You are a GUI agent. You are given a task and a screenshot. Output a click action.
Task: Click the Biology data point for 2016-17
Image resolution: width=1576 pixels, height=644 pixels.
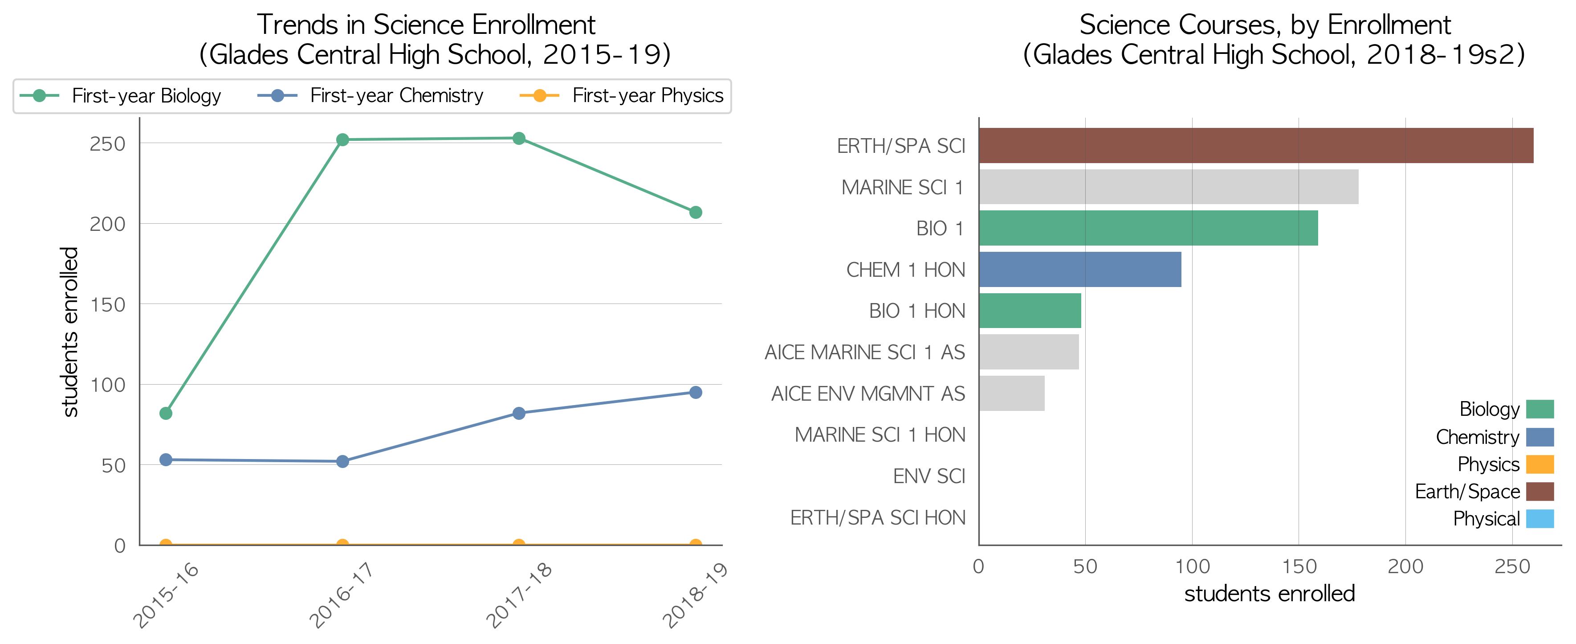[342, 139]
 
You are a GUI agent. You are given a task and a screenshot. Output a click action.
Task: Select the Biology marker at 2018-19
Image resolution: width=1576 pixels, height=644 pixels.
[696, 213]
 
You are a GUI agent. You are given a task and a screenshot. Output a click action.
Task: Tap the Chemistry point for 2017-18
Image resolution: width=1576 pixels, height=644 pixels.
[519, 413]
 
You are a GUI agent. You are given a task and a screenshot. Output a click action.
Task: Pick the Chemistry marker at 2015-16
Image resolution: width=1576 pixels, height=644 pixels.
[166, 460]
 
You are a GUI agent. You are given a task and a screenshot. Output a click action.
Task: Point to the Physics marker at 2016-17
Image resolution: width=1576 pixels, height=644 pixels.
[342, 544]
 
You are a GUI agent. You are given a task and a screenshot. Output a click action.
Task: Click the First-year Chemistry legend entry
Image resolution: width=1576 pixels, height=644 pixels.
[370, 95]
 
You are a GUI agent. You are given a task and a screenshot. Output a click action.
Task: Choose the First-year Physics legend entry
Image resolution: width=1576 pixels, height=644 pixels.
[621, 95]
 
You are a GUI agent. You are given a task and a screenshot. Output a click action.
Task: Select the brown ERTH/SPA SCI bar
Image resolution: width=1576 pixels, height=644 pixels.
[1256, 146]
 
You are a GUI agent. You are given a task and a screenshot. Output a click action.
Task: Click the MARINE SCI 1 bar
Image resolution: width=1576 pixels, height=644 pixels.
[1169, 187]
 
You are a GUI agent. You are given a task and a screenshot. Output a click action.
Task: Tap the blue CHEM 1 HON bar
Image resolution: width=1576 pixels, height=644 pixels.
[1080, 269]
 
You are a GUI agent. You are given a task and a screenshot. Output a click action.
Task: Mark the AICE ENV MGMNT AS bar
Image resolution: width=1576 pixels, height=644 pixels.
[1012, 393]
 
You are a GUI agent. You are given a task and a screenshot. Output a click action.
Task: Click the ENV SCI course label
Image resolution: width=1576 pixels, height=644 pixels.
[928, 476]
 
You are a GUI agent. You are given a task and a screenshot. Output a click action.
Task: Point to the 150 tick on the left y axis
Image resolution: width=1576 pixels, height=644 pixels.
[108, 304]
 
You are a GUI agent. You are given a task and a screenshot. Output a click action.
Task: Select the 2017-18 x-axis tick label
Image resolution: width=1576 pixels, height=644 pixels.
[519, 595]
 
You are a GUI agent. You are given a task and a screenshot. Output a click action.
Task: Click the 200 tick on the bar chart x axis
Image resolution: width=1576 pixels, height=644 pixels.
[1405, 566]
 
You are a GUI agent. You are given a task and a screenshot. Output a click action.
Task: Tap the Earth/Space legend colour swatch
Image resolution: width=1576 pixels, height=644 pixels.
[1540, 492]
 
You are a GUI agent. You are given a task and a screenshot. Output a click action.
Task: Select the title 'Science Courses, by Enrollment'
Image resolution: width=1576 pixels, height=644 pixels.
[1265, 25]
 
